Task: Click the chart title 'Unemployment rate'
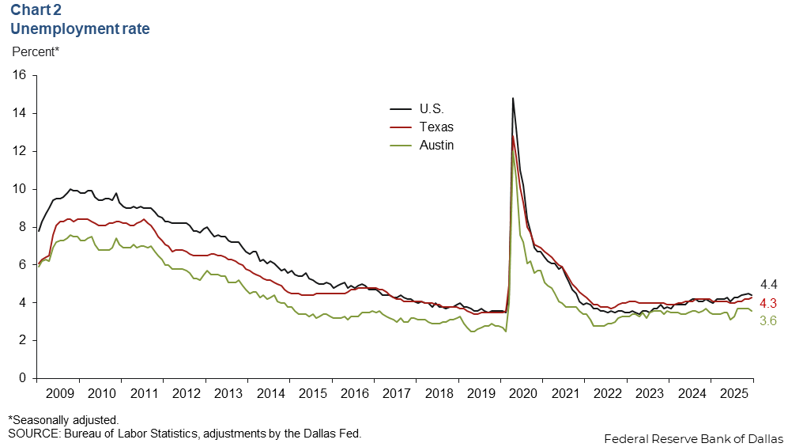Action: coord(80,29)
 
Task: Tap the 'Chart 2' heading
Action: coord(36,11)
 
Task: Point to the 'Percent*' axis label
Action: coord(36,52)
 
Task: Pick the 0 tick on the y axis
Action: coord(24,378)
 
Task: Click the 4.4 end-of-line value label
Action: coord(768,285)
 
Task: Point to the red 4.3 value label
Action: coord(768,303)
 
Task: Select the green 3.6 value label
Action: coord(768,320)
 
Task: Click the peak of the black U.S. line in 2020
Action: coord(513,98)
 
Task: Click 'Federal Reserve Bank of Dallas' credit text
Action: coord(692,438)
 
